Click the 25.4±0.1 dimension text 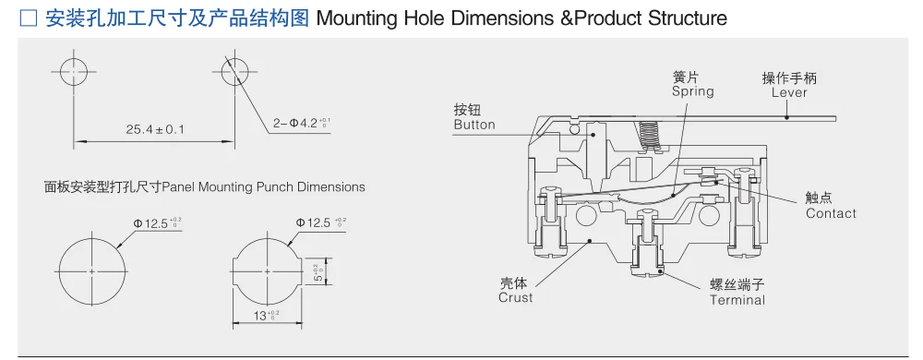(x=155, y=128)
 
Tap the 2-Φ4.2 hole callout (x=300, y=124)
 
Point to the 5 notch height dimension (x=320, y=270)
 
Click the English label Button (x=474, y=125)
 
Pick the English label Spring (x=693, y=91)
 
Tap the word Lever (x=789, y=92)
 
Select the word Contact (x=832, y=213)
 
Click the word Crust (x=516, y=297)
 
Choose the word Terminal (x=737, y=300)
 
